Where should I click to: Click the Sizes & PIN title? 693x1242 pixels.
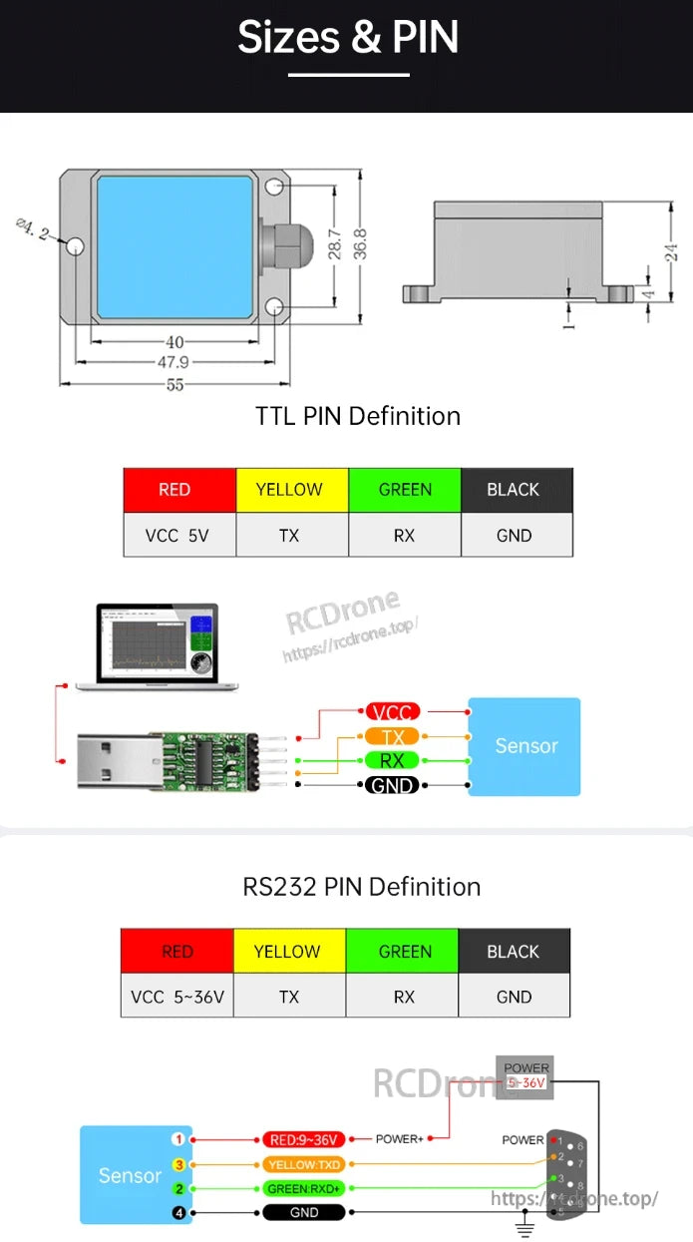pyautogui.click(x=347, y=38)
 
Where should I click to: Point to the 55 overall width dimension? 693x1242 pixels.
pyautogui.click(x=175, y=384)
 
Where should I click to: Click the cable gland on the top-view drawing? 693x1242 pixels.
pyautogui.click(x=284, y=246)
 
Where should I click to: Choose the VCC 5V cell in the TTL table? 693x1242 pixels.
pyautogui.click(x=178, y=536)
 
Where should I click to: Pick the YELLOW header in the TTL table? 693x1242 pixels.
pyautogui.click(x=290, y=490)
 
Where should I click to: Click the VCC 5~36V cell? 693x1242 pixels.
pyautogui.click(x=177, y=996)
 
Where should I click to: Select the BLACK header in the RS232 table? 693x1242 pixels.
pyautogui.click(x=514, y=952)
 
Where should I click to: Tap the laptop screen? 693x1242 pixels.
pyautogui.click(x=157, y=644)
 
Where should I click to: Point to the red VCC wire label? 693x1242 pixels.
pyautogui.click(x=392, y=712)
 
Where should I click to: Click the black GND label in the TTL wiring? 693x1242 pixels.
pyautogui.click(x=392, y=785)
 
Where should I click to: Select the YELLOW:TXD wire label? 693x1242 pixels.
pyautogui.click(x=304, y=1164)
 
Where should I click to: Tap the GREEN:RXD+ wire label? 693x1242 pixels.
pyautogui.click(x=304, y=1189)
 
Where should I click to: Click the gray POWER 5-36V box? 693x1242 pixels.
pyautogui.click(x=524, y=1076)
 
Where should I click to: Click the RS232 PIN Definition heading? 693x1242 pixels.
pyautogui.click(x=361, y=887)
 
